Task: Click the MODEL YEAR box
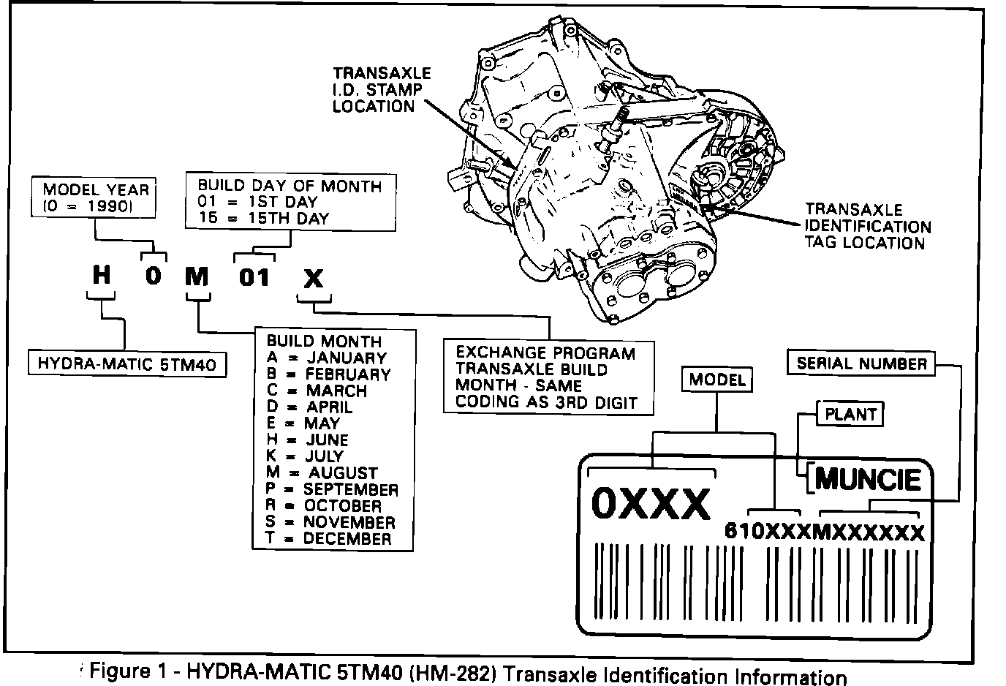pyautogui.click(x=95, y=197)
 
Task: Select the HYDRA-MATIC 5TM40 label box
pyautogui.click(x=126, y=363)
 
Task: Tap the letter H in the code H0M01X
pyautogui.click(x=102, y=276)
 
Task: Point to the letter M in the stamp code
pyautogui.click(x=197, y=277)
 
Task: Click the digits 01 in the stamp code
pyautogui.click(x=254, y=277)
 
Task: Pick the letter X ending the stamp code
pyautogui.click(x=313, y=279)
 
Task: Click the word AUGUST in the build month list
pyautogui.click(x=344, y=473)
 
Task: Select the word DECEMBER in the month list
pyautogui.click(x=347, y=539)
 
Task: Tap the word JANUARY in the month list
pyautogui.click(x=347, y=358)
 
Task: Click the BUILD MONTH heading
pyautogui.click(x=324, y=342)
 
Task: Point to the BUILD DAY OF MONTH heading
pyautogui.click(x=290, y=186)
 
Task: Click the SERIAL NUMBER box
pyautogui.click(x=861, y=363)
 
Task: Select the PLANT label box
pyautogui.click(x=850, y=415)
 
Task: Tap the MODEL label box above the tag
pyautogui.click(x=717, y=380)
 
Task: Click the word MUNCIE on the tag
pyautogui.click(x=867, y=479)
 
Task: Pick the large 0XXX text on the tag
pyautogui.click(x=650, y=503)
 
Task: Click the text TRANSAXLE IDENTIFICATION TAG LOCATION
pyautogui.click(x=868, y=226)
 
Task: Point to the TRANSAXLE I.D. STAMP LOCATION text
pyautogui.click(x=381, y=90)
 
